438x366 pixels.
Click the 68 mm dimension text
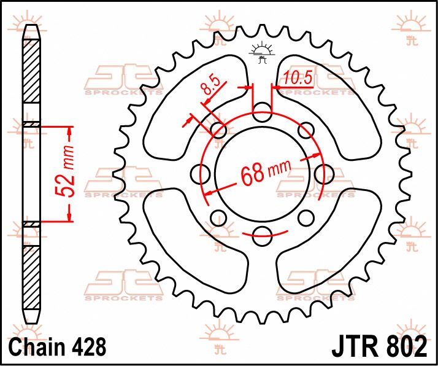pyautogui.click(x=266, y=173)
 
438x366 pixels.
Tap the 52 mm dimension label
pyautogui.click(x=65, y=171)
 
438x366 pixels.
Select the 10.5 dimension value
pyautogui.click(x=297, y=77)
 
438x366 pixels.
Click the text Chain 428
pyautogui.click(x=58, y=346)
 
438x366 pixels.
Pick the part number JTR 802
pyautogui.click(x=379, y=346)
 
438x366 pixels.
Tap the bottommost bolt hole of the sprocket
pyautogui.click(x=262, y=236)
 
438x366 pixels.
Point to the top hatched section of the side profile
pyautogui.click(x=31, y=71)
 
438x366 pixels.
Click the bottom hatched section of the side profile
pyautogui.click(x=31, y=278)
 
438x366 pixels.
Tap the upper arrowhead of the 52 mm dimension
pyautogui.click(x=69, y=131)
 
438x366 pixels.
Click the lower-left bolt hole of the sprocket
pyautogui.click(x=219, y=218)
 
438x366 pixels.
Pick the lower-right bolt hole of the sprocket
pyautogui.click(x=306, y=218)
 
